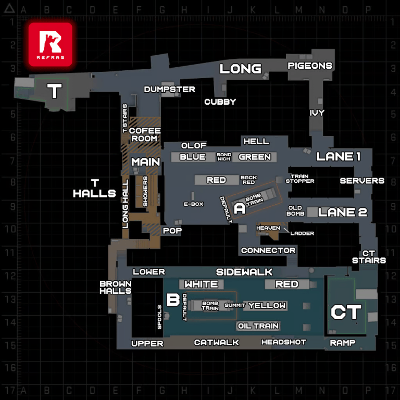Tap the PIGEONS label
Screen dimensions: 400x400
coord(310,66)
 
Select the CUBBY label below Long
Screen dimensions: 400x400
coord(220,102)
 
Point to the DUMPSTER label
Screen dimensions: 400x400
coord(170,89)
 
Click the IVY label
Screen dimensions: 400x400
coord(317,113)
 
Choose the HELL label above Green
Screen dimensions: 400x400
coord(256,141)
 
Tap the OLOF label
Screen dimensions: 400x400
coord(194,145)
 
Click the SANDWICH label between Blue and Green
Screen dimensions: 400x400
coord(223,157)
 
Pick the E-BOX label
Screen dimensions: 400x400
coord(193,204)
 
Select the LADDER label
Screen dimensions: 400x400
coord(302,233)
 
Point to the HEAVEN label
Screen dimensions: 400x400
coord(268,228)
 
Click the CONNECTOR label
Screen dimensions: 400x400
coord(268,251)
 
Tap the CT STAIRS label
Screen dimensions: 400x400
coord(369,256)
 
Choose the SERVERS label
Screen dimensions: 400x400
coord(362,181)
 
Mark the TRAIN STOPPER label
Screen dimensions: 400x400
coord(303,179)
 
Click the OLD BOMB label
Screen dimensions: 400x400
coord(295,210)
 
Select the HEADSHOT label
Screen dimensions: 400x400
coord(283,342)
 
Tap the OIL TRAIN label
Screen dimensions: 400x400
coord(258,326)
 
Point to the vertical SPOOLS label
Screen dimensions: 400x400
coord(160,317)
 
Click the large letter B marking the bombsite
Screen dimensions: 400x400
coord(172,299)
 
